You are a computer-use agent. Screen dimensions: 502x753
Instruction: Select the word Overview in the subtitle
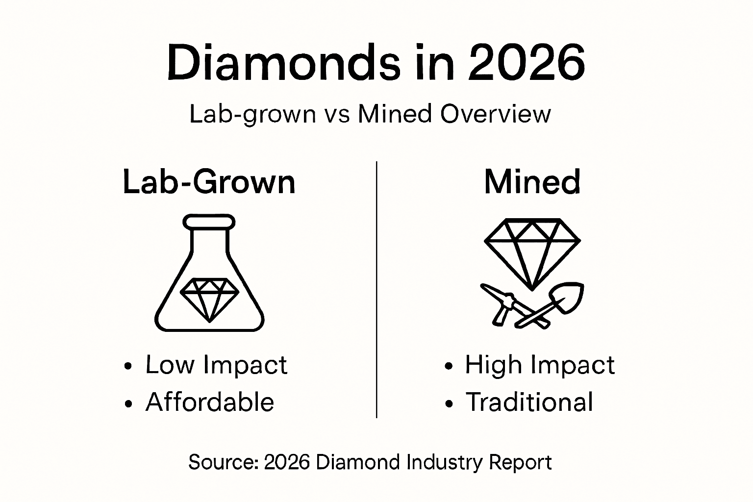click(495, 114)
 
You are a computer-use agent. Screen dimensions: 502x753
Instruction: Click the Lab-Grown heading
click(209, 182)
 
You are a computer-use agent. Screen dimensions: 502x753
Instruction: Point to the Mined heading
click(532, 182)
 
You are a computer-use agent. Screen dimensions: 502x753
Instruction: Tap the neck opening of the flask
click(209, 222)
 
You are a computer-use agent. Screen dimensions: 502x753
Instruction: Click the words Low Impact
click(216, 365)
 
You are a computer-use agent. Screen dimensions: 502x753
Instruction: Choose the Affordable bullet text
click(210, 402)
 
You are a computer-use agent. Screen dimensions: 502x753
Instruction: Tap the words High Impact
click(539, 365)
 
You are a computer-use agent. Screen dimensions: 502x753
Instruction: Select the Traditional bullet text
click(529, 402)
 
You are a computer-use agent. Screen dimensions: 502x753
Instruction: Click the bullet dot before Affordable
click(129, 403)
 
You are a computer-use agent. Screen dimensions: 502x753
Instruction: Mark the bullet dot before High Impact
click(448, 366)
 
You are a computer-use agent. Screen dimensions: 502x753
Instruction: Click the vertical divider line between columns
click(376, 289)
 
